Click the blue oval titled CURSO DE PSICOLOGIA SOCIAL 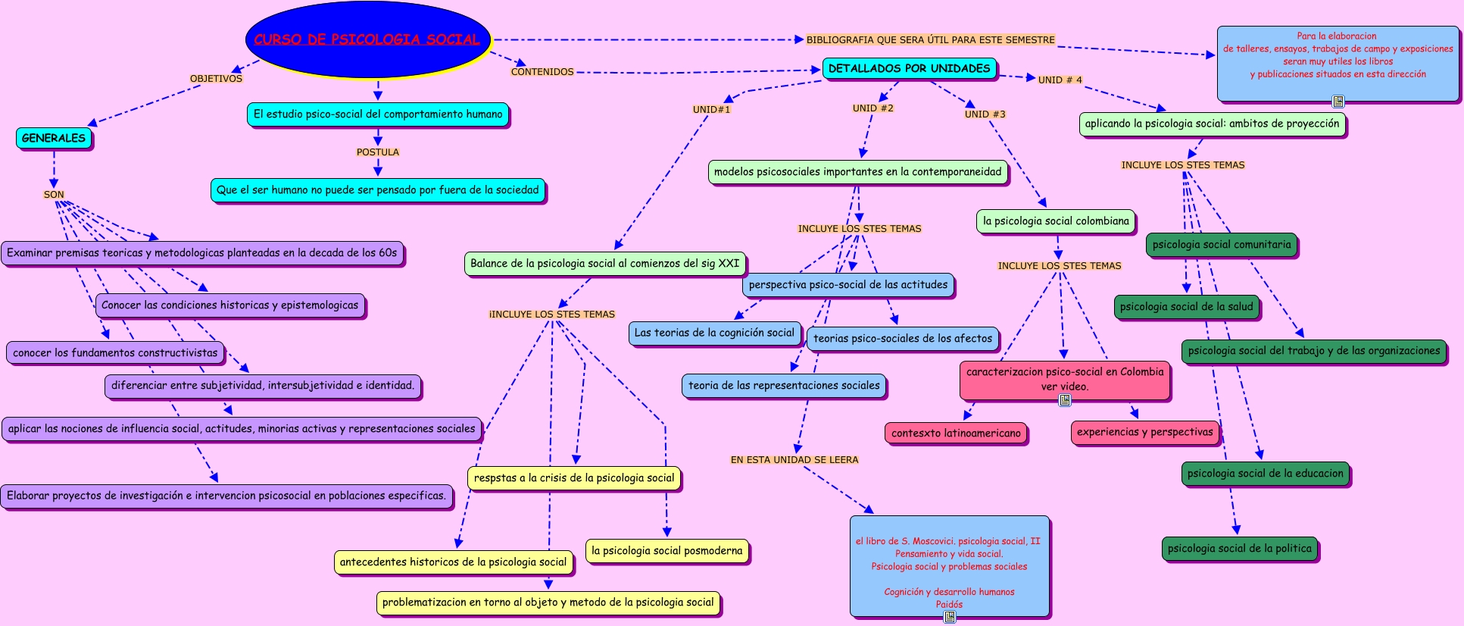pos(367,39)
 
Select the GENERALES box pos(54,138)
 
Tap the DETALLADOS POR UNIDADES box pos(909,68)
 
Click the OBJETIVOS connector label pos(216,79)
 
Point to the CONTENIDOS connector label pos(542,72)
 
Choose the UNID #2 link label pos(872,108)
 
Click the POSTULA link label pos(378,152)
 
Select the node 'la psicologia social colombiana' pos(1056,221)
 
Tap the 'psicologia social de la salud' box pos(1186,307)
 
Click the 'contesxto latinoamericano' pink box pos(956,434)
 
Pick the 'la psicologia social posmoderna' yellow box pos(666,551)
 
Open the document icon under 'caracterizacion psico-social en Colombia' pos(1065,400)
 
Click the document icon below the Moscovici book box pos(949,617)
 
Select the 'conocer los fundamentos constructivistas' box pos(115,352)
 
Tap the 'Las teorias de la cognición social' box pos(714,333)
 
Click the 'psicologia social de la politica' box pos(1239,549)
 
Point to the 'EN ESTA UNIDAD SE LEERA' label pos(794,460)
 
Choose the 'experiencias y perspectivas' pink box pos(1144,432)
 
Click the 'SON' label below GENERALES pos(54,195)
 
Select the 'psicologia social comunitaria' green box pos(1221,245)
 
